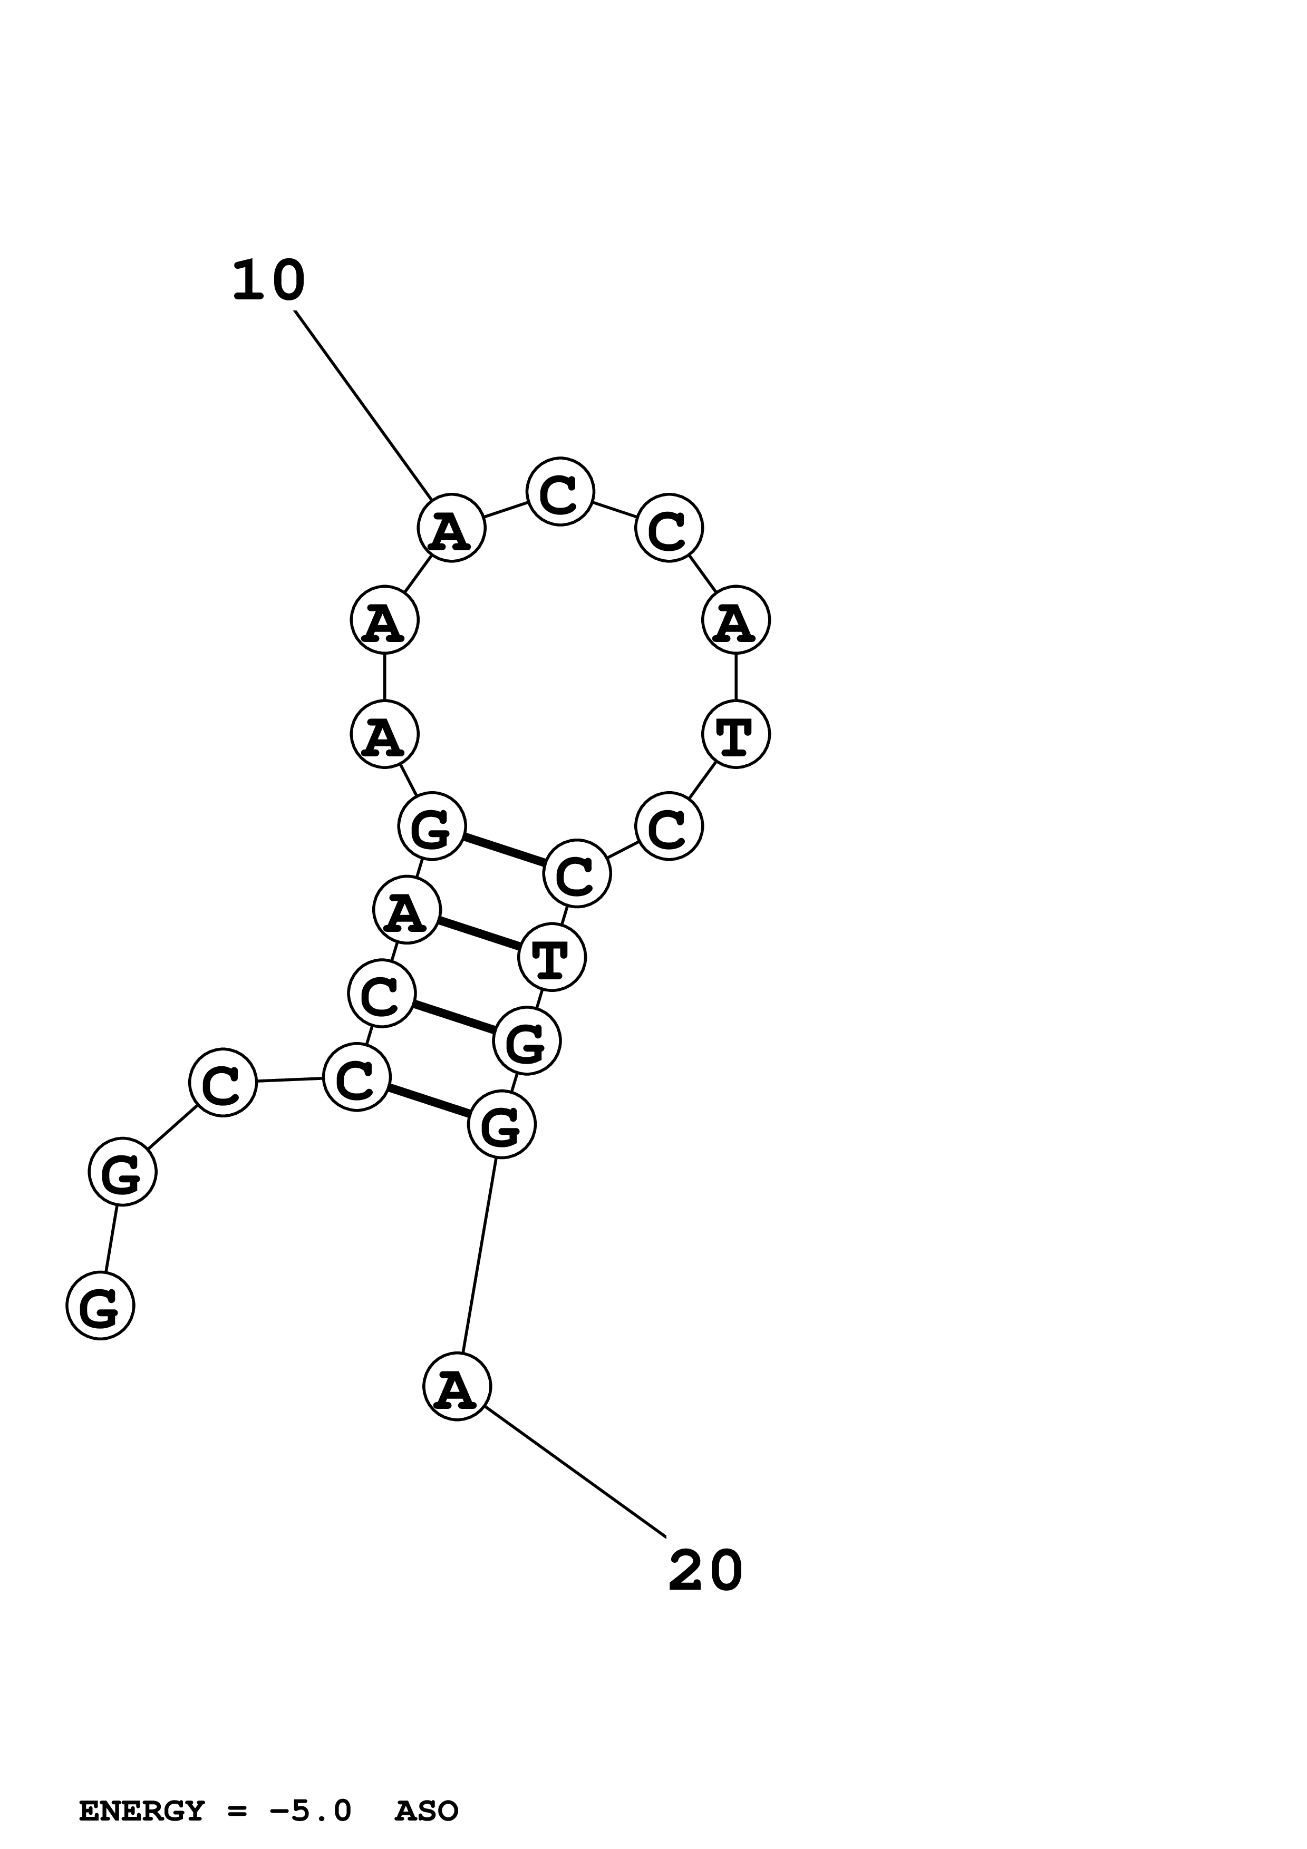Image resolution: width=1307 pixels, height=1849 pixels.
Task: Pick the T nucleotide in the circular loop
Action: [736, 734]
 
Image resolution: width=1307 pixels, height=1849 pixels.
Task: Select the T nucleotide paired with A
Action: [551, 958]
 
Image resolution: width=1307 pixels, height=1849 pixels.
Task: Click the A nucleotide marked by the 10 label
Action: [451, 528]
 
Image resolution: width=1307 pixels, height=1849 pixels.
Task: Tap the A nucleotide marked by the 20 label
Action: [457, 1387]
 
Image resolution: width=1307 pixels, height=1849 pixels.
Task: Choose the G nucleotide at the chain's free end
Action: [100, 1306]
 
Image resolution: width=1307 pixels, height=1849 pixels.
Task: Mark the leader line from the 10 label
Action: [362, 405]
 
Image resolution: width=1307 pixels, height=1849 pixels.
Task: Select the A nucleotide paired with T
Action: [406, 910]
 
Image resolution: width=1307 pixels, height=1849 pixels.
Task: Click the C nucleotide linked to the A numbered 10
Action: [560, 491]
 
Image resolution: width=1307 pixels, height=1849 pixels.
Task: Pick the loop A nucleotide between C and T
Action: [736, 620]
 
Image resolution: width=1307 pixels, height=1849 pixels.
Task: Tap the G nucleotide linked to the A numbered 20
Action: [501, 1124]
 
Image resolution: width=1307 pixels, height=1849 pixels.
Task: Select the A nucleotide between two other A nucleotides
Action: [385, 620]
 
